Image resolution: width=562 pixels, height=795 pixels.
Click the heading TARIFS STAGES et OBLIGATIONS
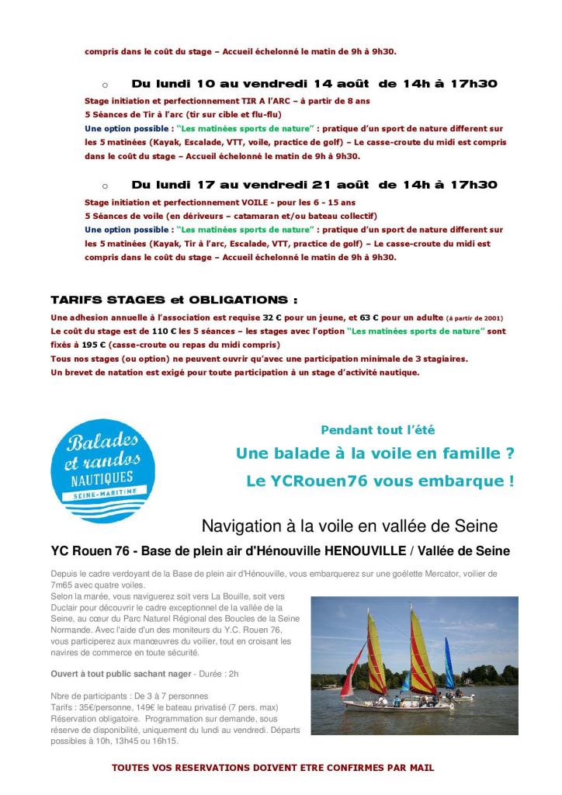174,300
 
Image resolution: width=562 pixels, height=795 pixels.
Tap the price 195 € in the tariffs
98,345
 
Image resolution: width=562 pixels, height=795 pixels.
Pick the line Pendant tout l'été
383,429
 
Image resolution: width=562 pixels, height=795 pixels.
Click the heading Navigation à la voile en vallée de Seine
349,526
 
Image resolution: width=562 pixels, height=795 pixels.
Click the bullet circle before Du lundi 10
105,84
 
